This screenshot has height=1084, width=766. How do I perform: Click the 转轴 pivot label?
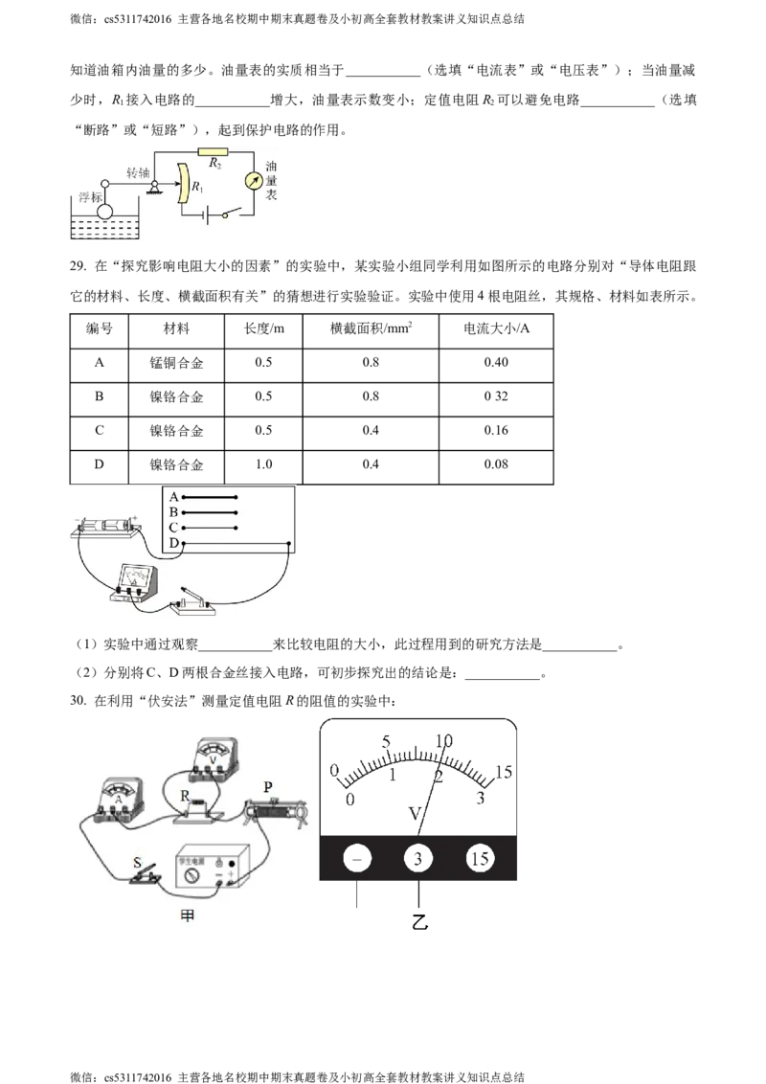139,173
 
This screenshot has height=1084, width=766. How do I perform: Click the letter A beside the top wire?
173,498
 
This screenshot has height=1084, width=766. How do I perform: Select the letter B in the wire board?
173,513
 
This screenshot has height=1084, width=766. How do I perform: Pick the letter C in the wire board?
173,528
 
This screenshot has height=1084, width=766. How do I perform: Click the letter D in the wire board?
173,544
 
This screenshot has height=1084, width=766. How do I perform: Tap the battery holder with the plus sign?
106,527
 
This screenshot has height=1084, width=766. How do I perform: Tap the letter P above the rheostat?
269,787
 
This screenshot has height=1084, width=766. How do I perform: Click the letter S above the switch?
138,863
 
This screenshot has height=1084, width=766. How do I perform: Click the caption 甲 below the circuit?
188,916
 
